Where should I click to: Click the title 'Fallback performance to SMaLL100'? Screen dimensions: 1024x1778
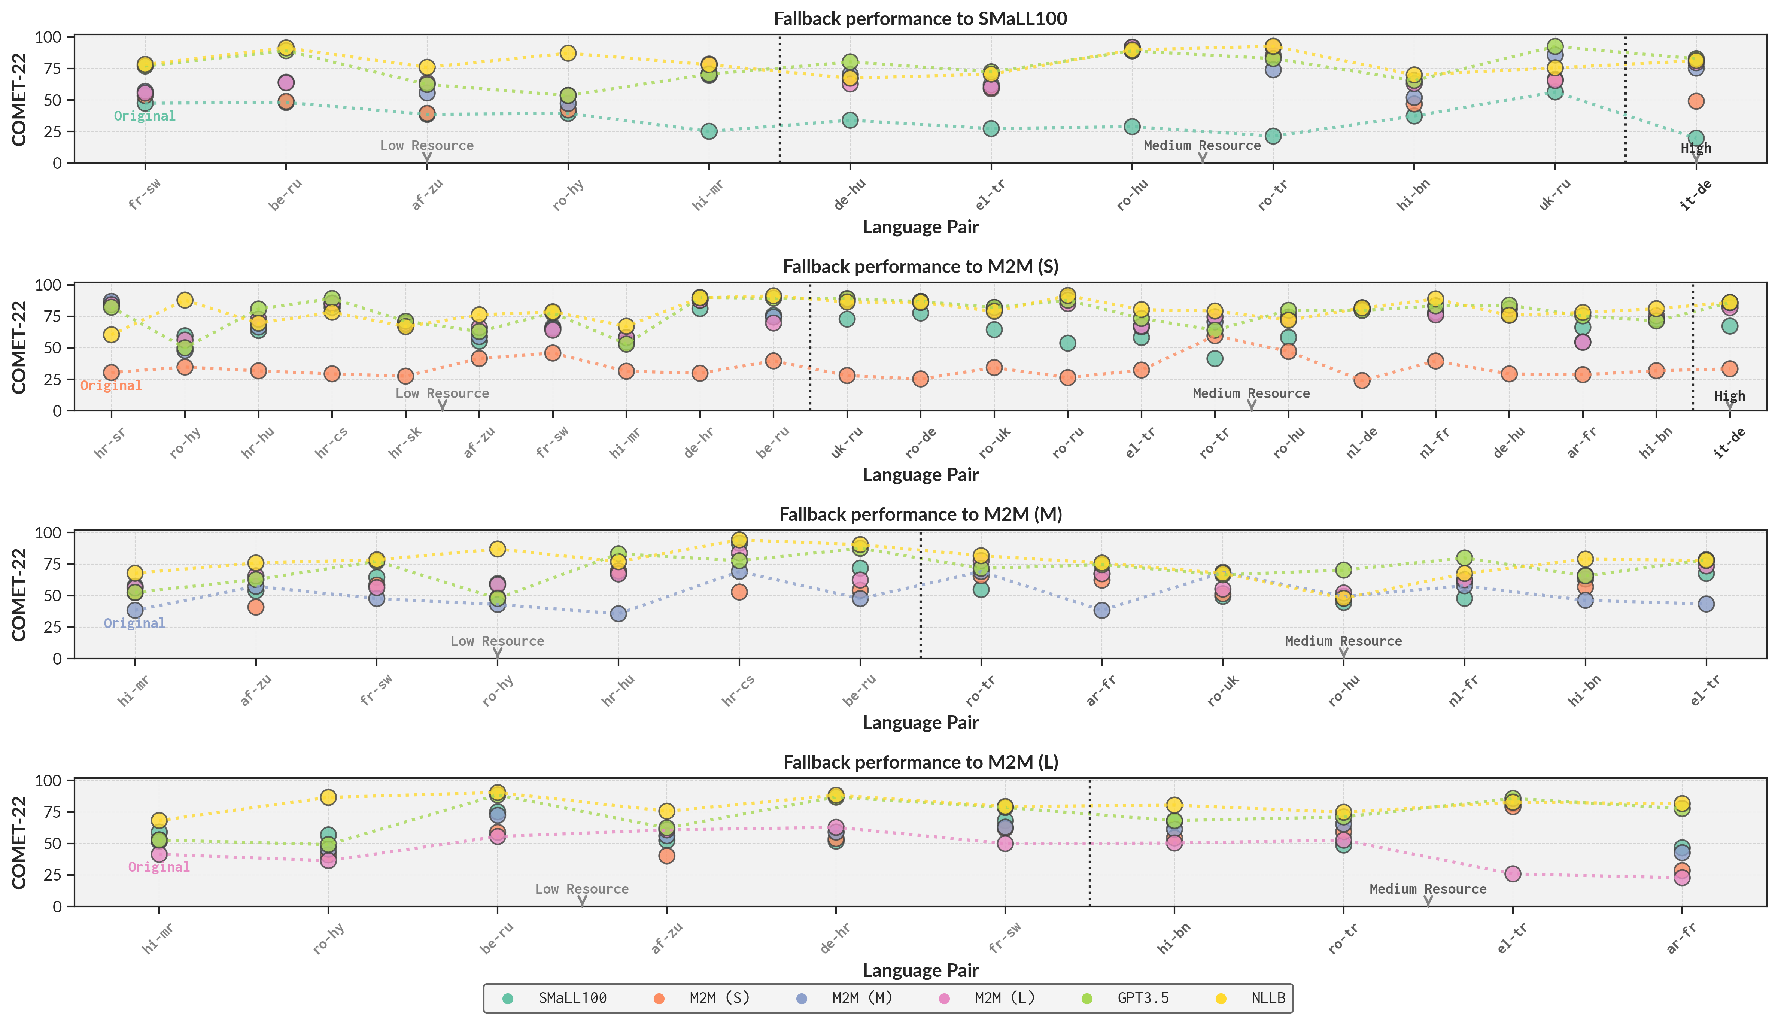point(920,18)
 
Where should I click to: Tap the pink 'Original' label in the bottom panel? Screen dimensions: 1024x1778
point(159,867)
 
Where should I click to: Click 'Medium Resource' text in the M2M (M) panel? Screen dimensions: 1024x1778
point(1343,641)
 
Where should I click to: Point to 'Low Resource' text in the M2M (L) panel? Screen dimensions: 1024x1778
point(581,889)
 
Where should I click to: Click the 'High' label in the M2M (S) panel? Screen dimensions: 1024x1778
point(1729,396)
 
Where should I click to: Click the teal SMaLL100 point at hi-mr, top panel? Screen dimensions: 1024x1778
point(709,131)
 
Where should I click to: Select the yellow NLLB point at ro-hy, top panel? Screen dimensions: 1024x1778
point(568,54)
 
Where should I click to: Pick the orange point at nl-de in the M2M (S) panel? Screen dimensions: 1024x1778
point(1362,380)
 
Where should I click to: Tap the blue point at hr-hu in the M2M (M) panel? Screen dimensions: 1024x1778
point(618,614)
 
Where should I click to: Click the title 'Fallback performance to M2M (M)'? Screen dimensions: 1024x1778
point(920,514)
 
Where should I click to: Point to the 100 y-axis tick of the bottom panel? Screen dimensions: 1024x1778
point(52,781)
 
